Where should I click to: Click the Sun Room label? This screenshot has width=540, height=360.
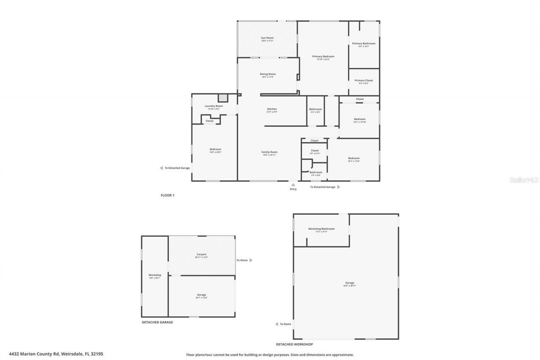coord(267,38)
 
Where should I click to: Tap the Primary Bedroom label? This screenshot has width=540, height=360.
coord(323,57)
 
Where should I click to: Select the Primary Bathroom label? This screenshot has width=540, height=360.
coord(364,43)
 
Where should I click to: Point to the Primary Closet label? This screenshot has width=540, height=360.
coord(364,81)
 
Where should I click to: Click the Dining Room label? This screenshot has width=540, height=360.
coord(267,74)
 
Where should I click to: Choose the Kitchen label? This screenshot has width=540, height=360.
coord(272,109)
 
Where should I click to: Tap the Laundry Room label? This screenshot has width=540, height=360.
coord(213,106)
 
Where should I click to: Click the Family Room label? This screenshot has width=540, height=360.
coord(269,152)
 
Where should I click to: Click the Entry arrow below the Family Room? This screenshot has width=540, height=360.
coord(293,184)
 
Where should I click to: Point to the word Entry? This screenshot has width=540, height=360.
coord(293,189)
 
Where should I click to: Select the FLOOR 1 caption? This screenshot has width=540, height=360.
coord(167,195)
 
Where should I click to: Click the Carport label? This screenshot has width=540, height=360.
coord(201,254)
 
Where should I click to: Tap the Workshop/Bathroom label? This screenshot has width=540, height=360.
coord(321,229)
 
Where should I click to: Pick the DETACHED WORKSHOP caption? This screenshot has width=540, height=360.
coord(294,344)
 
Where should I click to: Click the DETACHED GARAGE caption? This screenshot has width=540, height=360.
coord(157,322)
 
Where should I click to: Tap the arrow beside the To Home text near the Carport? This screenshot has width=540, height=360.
coord(251,260)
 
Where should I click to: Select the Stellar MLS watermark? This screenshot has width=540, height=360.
coord(524,180)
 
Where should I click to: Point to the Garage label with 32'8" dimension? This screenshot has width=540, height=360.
coord(350,283)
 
